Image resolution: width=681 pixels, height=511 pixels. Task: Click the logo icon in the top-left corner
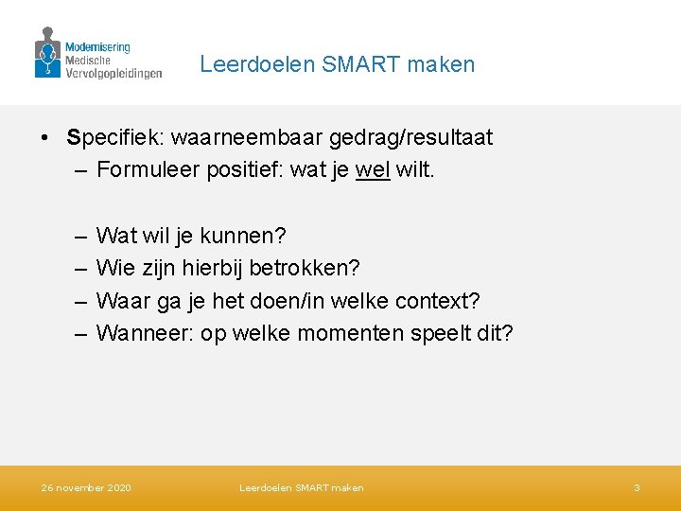47,53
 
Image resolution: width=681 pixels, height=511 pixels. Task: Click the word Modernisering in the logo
97,46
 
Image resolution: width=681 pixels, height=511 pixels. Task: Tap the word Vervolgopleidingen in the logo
113,72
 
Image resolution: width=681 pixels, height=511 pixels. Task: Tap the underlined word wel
373,171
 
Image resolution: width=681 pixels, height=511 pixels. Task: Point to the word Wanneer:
146,334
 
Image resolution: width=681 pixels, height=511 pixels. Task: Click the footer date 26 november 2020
86,488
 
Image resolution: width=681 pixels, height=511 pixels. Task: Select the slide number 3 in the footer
637,488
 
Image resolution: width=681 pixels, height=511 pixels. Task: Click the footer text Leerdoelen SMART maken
301,488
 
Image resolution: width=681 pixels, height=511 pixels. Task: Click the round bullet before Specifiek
45,138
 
